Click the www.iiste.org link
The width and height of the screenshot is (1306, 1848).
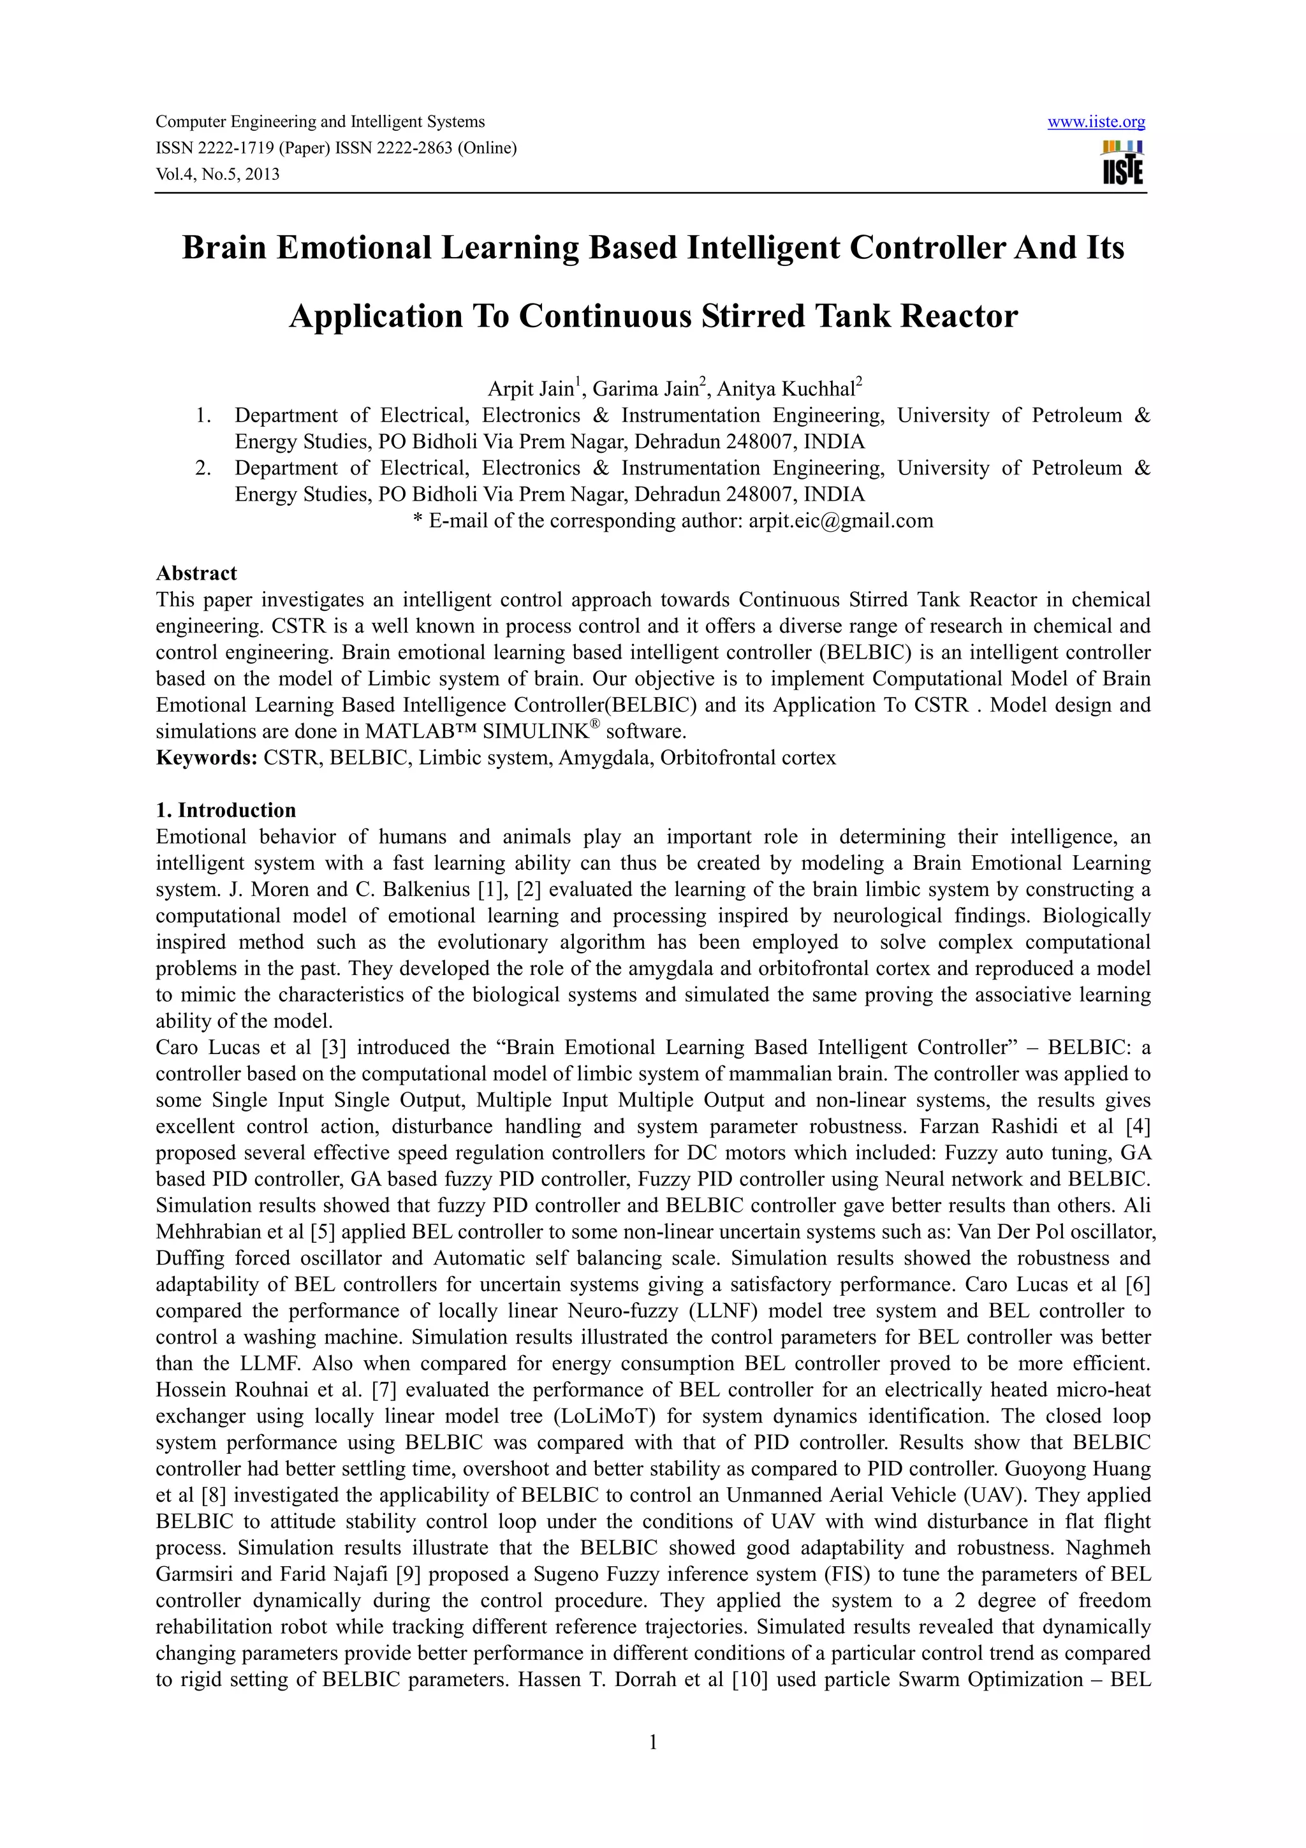[x=1096, y=122]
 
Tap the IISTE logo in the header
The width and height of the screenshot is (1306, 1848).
[x=1122, y=163]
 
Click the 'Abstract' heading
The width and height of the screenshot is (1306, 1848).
[x=196, y=573]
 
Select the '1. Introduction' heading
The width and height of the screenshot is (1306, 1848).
[x=226, y=810]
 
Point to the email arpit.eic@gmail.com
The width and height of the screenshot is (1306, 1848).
[x=841, y=521]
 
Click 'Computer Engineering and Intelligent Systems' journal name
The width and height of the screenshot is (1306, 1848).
[x=320, y=122]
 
